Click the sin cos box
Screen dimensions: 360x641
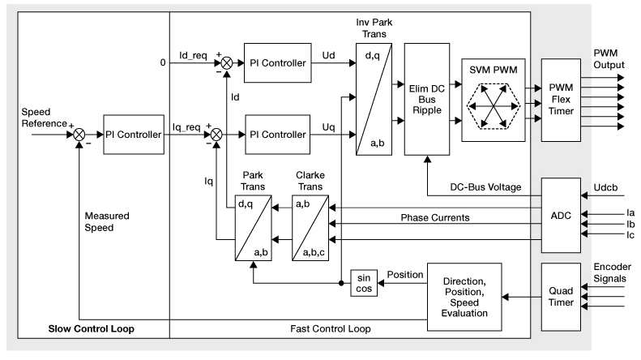(x=362, y=283)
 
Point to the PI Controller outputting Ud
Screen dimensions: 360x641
(x=277, y=63)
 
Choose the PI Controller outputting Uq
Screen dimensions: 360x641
(x=277, y=132)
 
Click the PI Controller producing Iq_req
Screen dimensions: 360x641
(x=134, y=133)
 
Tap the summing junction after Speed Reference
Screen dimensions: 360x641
(x=79, y=133)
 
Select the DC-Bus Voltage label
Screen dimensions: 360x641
(x=485, y=187)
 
